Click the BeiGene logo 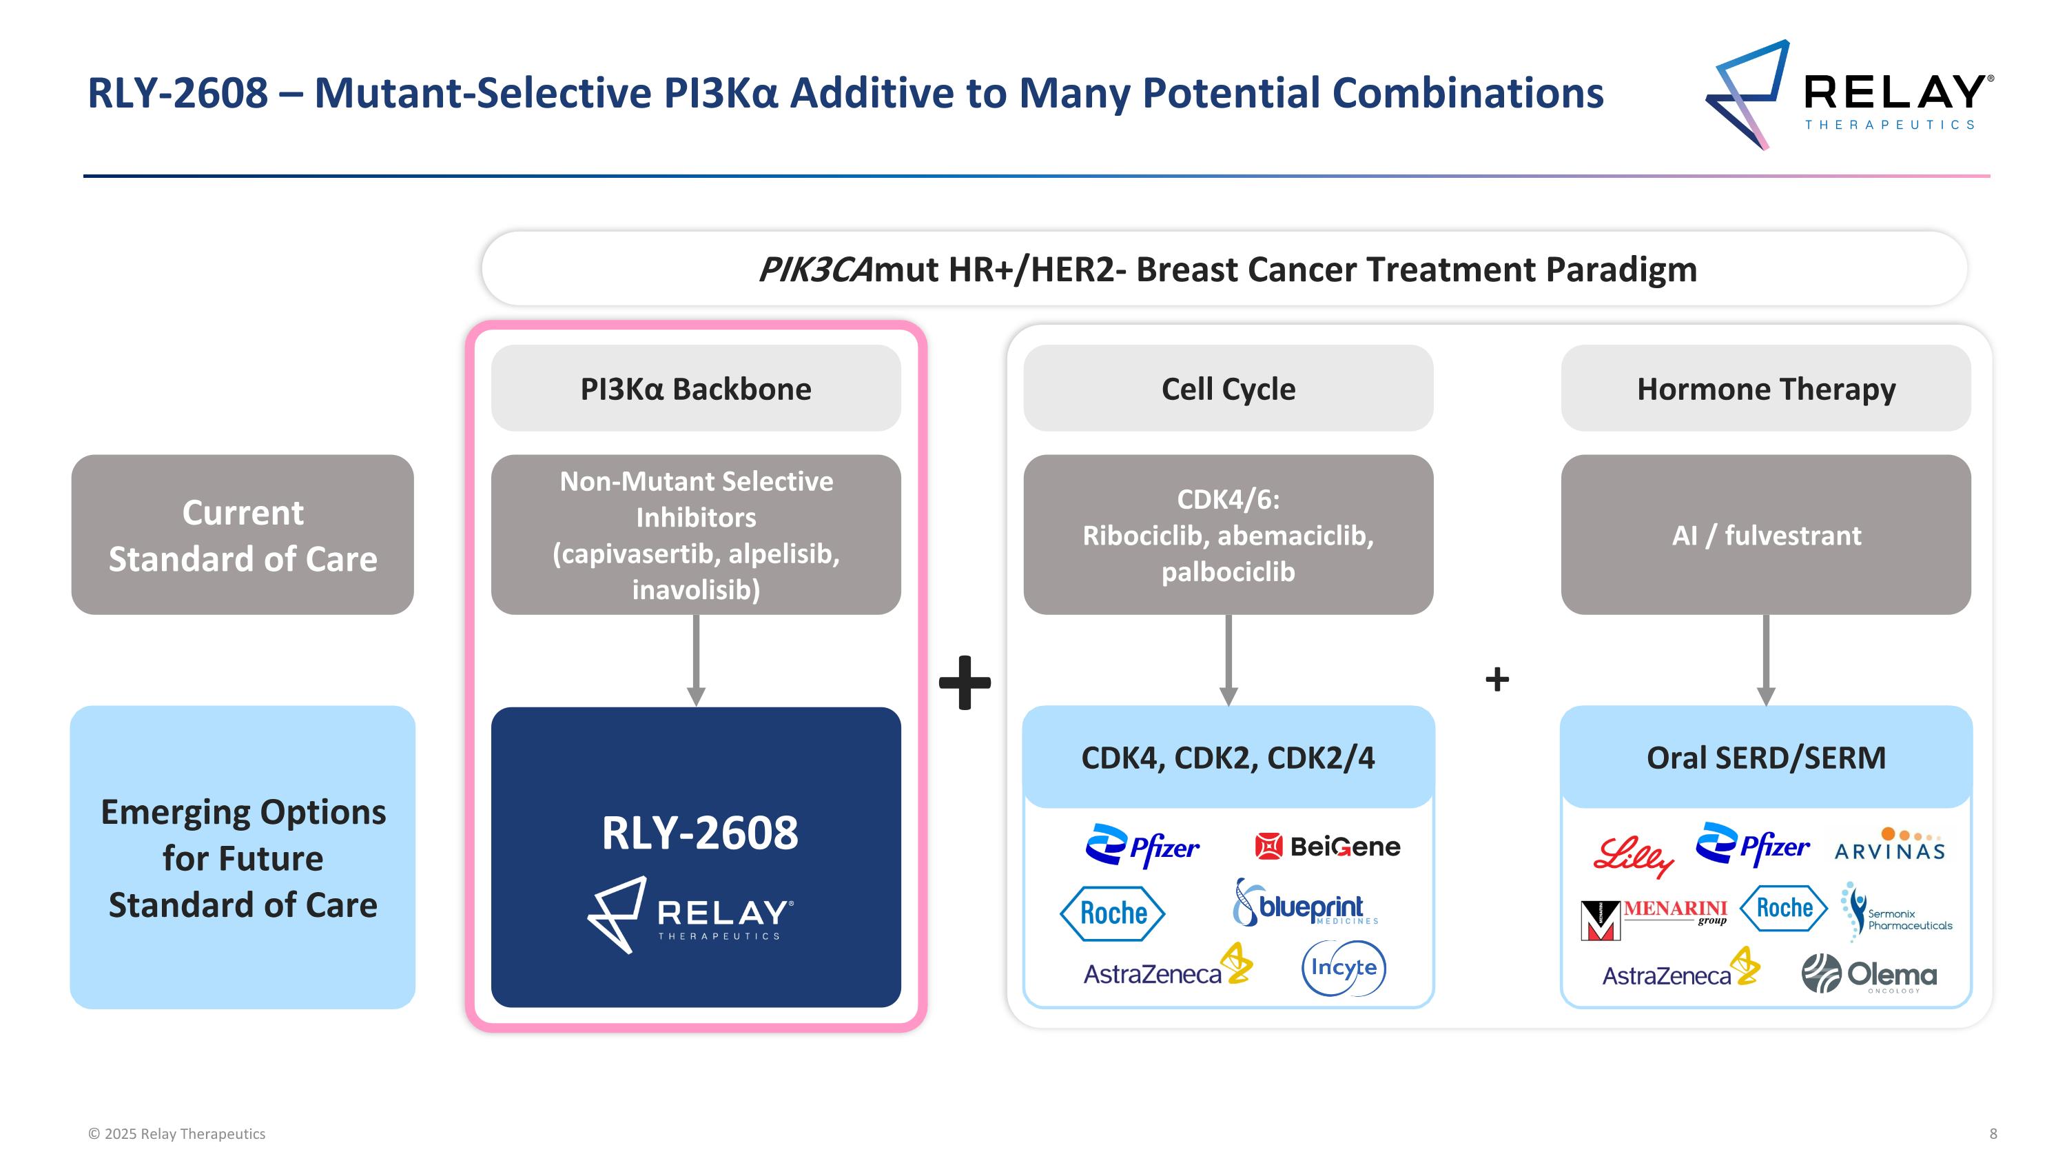1328,847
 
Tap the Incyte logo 1344,968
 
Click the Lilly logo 1633,856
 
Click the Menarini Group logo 1654,918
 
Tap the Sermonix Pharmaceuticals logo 1897,913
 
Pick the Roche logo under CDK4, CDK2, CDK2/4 1112,913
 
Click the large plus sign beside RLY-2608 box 965,682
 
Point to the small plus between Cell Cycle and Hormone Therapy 1497,679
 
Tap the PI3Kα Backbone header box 696,388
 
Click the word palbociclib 1228,572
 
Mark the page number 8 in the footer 1993,1133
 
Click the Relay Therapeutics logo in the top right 1849,94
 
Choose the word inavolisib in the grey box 695,590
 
